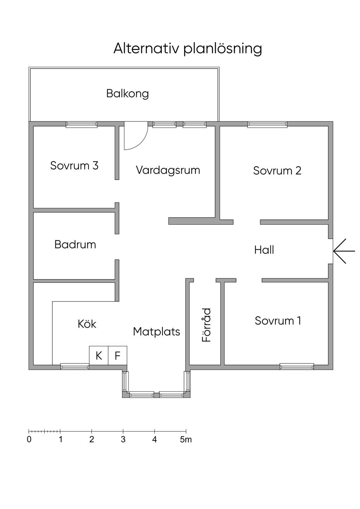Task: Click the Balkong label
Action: click(128, 94)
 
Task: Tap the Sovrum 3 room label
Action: click(74, 166)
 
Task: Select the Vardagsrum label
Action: click(168, 170)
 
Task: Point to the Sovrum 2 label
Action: click(277, 170)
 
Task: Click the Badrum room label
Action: click(75, 245)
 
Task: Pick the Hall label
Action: click(264, 250)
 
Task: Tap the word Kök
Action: click(87, 324)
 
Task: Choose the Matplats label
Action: click(156, 332)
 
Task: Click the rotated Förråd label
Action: click(207, 325)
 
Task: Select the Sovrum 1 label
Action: click(278, 321)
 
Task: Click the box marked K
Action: click(99, 355)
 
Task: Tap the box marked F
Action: click(117, 355)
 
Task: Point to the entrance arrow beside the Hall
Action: click(344, 251)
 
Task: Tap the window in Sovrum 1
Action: click(297, 367)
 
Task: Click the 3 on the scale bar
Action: click(123, 440)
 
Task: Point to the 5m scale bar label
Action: click(186, 440)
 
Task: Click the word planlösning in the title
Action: click(223, 49)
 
